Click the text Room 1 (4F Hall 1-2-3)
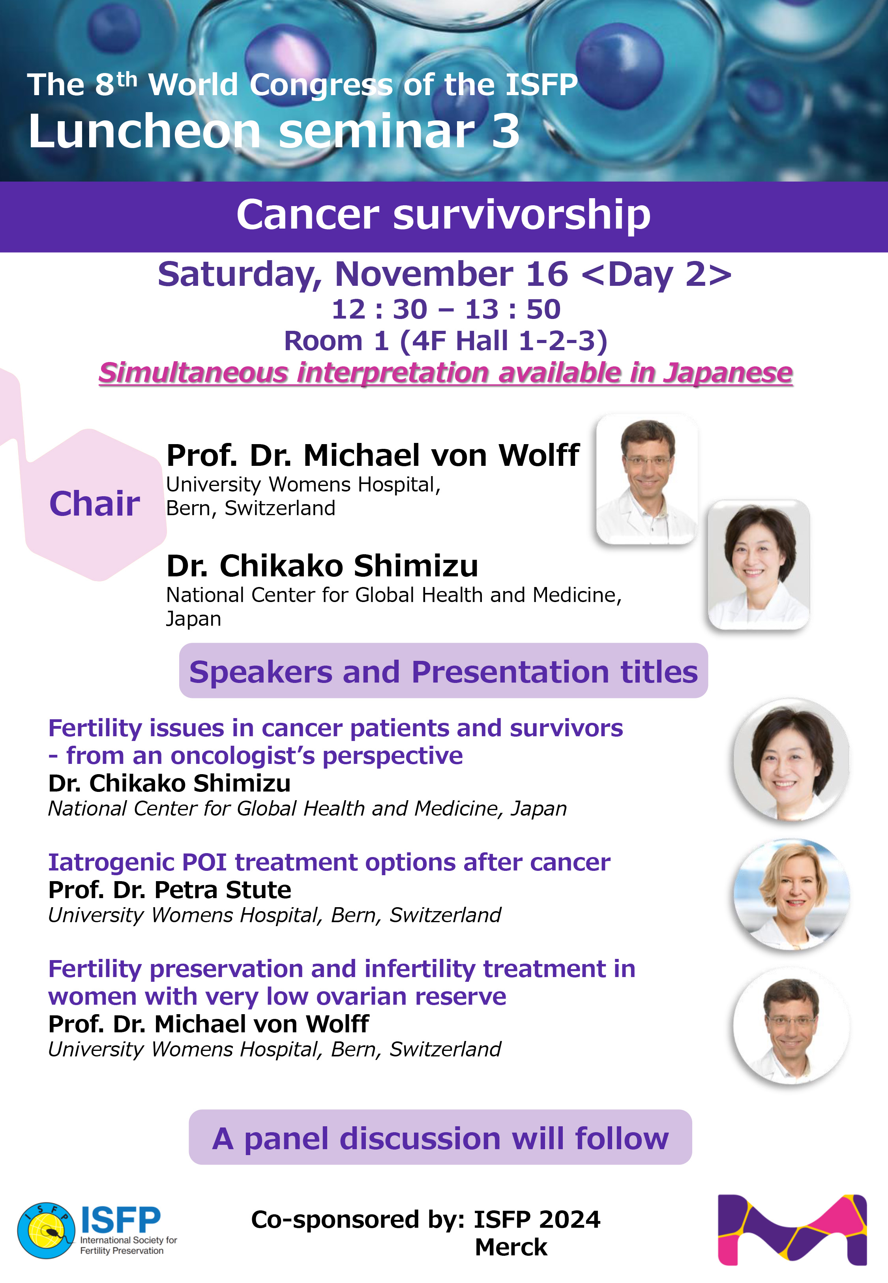tap(446, 341)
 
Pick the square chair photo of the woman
tap(759, 565)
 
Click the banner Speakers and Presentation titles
tap(444, 671)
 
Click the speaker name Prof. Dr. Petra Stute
tap(170, 890)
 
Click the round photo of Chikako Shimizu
tap(792, 760)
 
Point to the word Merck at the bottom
tap(511, 1247)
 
